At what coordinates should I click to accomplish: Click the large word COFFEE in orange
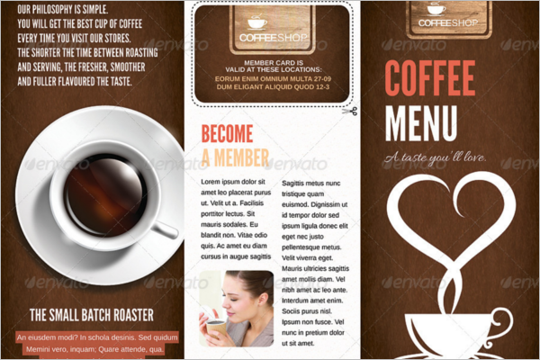[x=430, y=79]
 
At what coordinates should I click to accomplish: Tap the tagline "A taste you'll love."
[x=435, y=159]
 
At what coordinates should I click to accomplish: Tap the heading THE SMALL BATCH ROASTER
[x=91, y=315]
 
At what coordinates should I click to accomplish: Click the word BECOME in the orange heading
[x=228, y=135]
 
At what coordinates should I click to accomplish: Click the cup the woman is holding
[x=216, y=328]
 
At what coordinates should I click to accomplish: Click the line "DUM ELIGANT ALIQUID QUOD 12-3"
[x=272, y=89]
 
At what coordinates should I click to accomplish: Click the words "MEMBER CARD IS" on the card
[x=272, y=62]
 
